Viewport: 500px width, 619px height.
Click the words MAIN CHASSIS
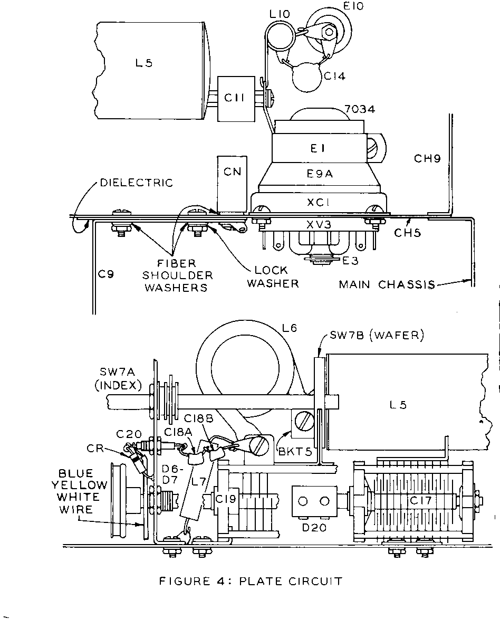tap(387, 285)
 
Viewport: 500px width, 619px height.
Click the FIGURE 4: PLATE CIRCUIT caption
tap(251, 582)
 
